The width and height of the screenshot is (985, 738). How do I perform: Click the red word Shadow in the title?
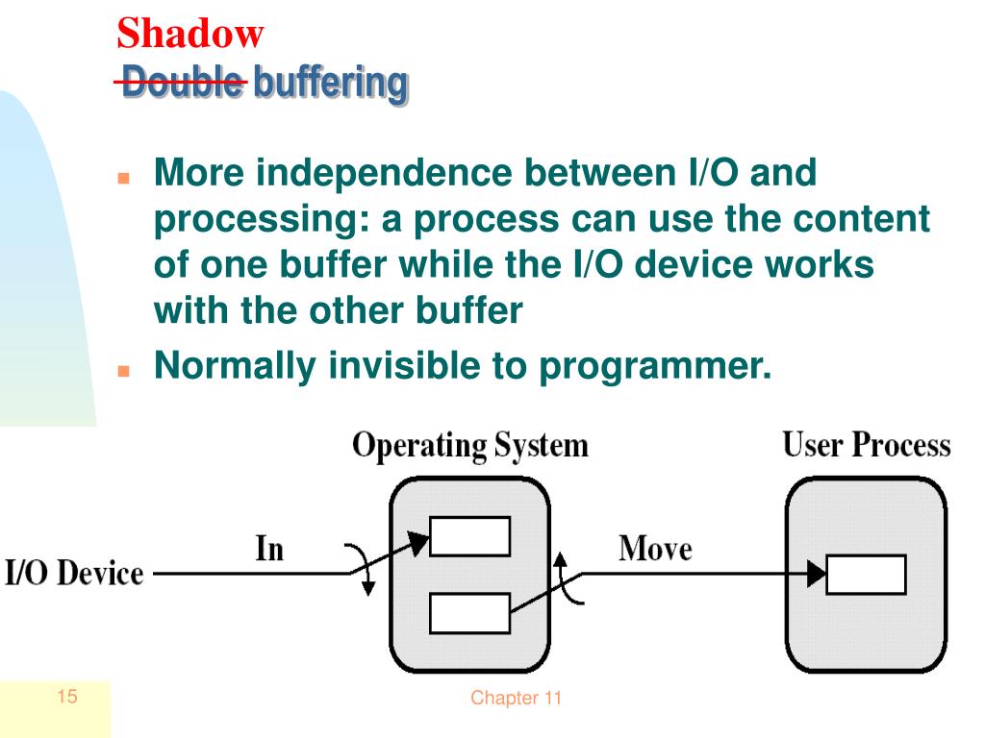click(x=189, y=34)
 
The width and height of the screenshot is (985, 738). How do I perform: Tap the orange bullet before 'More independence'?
click(x=123, y=179)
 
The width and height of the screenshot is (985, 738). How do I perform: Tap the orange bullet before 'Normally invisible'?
click(x=123, y=370)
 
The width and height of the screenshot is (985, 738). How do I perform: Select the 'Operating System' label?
click(x=469, y=446)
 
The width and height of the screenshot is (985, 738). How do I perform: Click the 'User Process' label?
click(x=866, y=445)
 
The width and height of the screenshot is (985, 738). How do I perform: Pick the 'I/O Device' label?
click(x=74, y=574)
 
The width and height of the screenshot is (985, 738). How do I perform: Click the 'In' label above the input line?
click(x=269, y=549)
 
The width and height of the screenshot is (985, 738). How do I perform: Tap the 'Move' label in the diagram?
click(x=655, y=549)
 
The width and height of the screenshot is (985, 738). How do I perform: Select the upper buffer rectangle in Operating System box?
click(x=469, y=536)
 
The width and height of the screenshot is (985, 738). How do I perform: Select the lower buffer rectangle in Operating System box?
click(x=469, y=613)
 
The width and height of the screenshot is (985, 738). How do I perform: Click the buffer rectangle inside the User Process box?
click(x=866, y=575)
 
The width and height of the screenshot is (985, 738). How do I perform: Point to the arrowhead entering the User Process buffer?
click(x=817, y=575)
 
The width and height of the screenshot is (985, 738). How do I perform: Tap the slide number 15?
click(x=66, y=697)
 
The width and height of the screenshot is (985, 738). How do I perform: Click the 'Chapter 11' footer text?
click(x=516, y=699)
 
